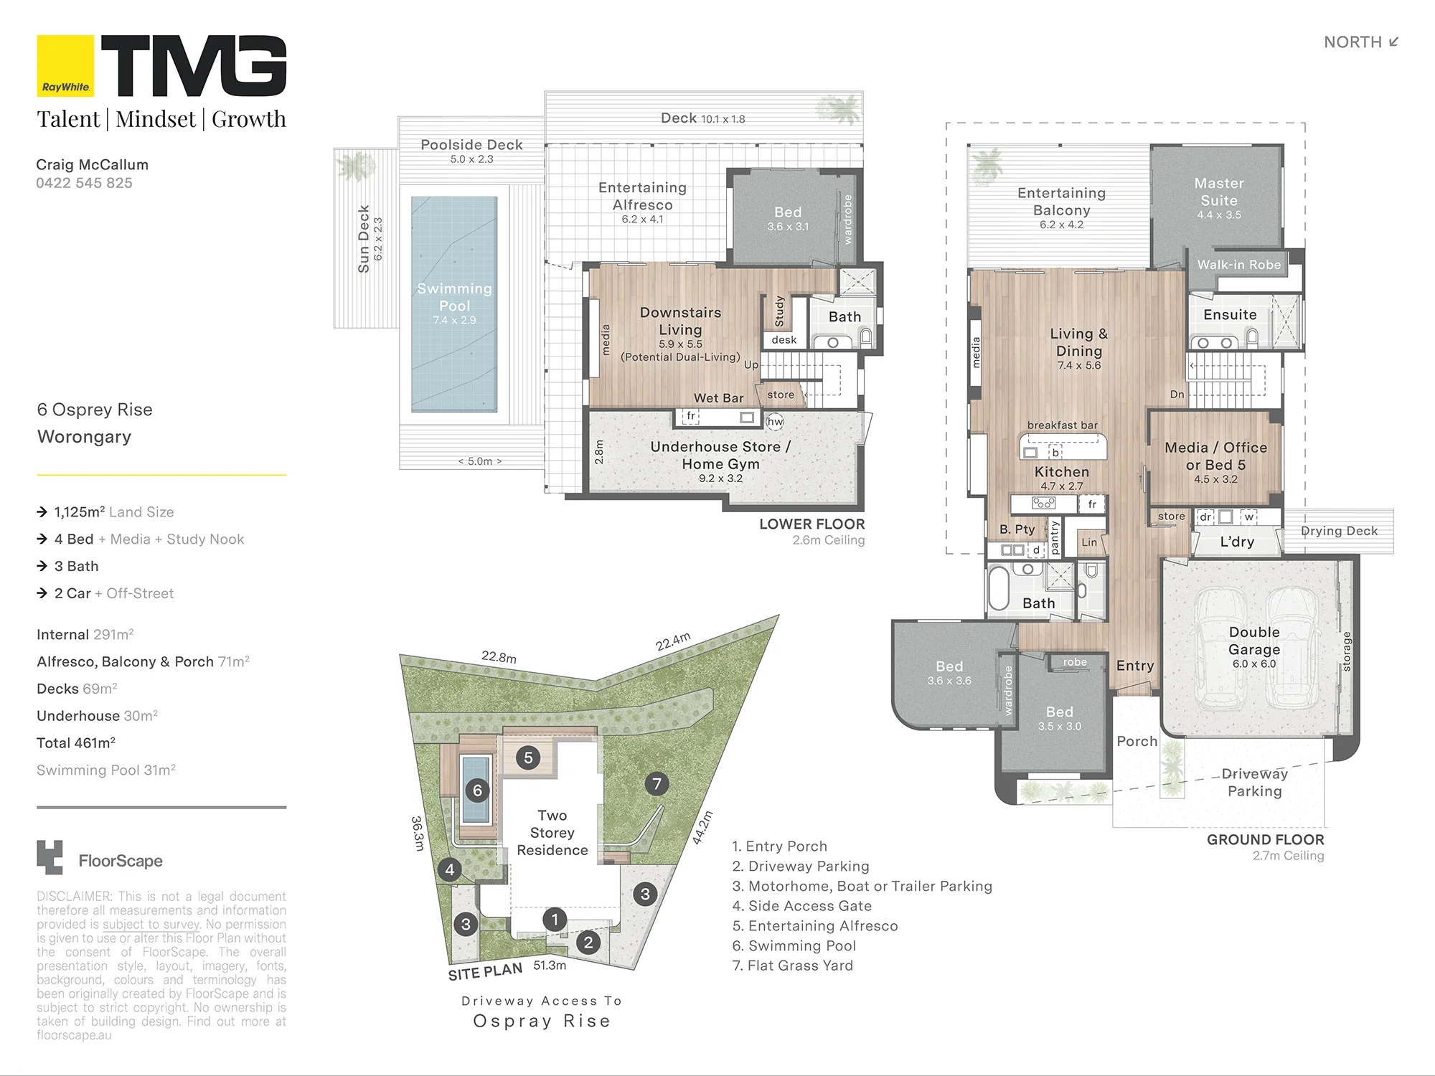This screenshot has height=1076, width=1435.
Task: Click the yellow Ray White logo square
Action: (65, 65)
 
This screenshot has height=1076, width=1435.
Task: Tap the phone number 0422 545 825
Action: (84, 183)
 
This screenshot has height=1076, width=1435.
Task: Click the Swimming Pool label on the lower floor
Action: (454, 297)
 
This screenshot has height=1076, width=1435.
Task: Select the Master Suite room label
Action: (1219, 192)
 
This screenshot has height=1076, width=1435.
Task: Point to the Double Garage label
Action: (1254, 641)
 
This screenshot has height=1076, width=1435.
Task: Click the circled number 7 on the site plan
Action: (657, 783)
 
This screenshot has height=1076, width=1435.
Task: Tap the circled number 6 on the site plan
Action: (477, 791)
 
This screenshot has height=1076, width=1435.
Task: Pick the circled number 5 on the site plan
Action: (528, 758)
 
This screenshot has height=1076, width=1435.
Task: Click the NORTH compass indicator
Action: (1361, 42)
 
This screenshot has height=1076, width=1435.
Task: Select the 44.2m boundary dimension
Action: (703, 828)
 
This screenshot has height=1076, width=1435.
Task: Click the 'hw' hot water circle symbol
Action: (776, 422)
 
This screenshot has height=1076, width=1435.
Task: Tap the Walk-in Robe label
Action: (1239, 265)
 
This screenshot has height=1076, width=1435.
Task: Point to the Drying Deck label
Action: (1340, 531)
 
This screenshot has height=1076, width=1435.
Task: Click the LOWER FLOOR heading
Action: (812, 524)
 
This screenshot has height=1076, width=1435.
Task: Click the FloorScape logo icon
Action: (50, 857)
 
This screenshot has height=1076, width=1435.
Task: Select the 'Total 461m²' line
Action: (76, 742)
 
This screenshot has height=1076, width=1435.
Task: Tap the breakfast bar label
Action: (1063, 425)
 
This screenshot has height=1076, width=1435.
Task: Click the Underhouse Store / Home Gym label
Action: (720, 455)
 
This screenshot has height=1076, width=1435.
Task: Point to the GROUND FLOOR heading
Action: (1266, 840)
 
